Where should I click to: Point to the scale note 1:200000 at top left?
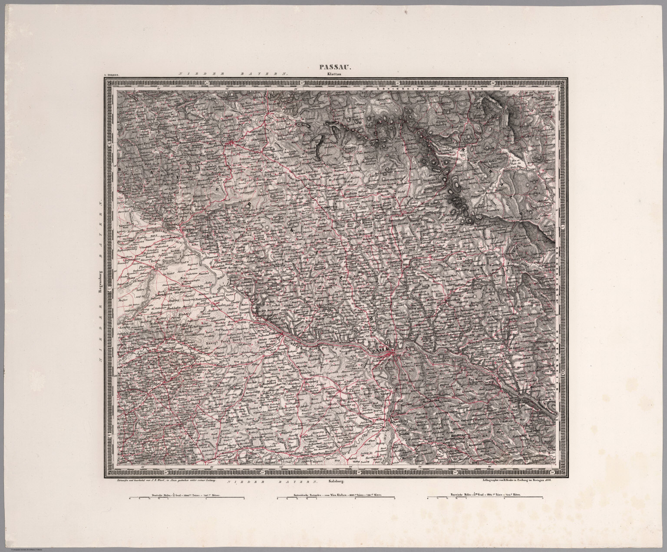pos(111,75)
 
